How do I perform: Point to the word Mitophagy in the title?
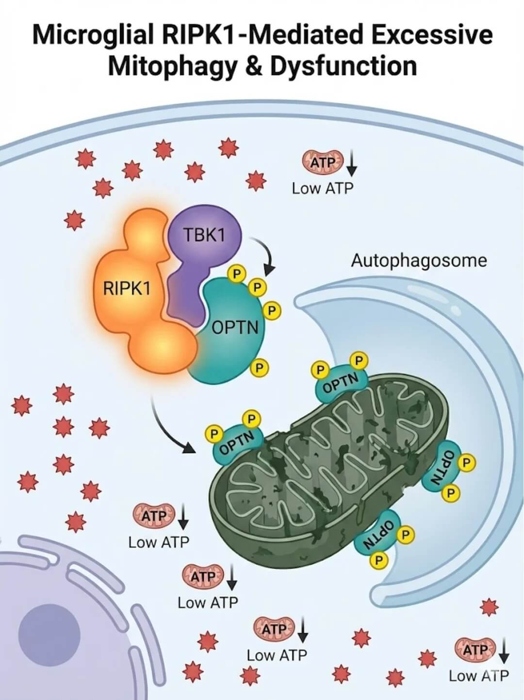(173, 66)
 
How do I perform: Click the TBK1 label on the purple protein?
(204, 235)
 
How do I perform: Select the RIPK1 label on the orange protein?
(127, 289)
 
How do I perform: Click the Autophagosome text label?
(419, 260)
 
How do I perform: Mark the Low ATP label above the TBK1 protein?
(323, 189)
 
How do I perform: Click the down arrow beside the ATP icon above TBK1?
(352, 163)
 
